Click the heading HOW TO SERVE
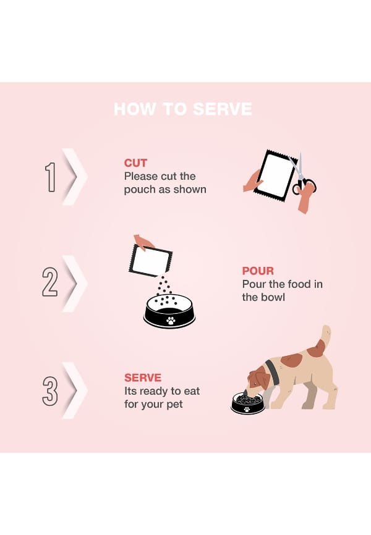(183, 109)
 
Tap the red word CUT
(135, 163)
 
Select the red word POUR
(258, 271)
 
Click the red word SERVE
(143, 377)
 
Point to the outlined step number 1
(51, 177)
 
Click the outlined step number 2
(50, 282)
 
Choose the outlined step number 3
(50, 391)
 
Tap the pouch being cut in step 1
(275, 174)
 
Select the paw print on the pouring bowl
(171, 320)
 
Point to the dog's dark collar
(271, 372)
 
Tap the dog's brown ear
(262, 379)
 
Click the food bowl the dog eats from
(248, 403)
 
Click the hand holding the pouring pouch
(143, 242)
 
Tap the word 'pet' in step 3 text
(174, 405)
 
